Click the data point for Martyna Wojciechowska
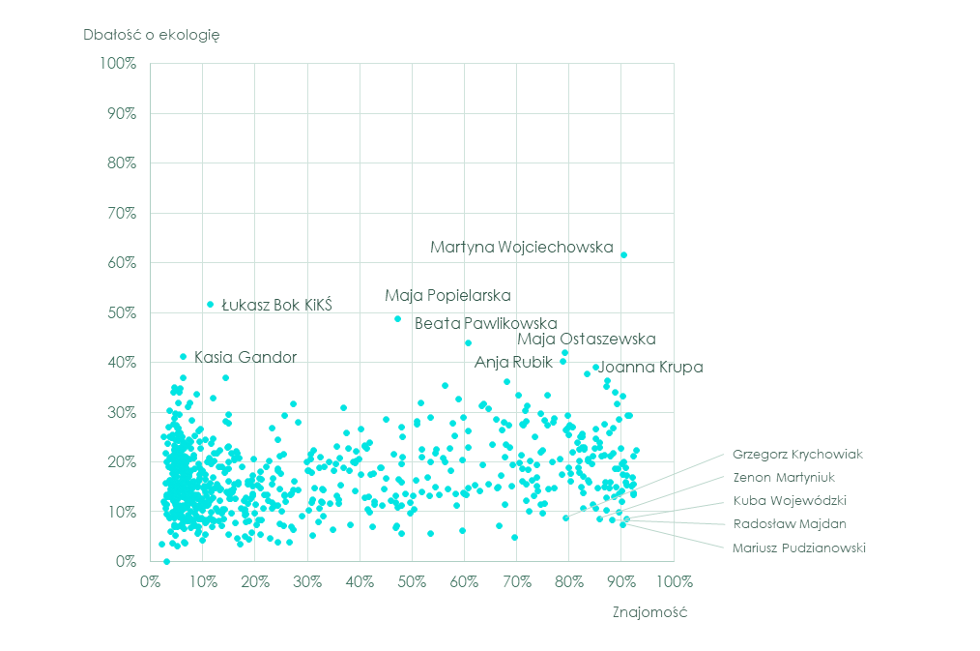tap(624, 255)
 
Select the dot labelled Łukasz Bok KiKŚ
tap(211, 305)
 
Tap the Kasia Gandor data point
tap(184, 357)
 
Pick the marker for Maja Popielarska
tap(397, 319)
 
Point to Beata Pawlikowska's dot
tap(469, 343)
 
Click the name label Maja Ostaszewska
tap(586, 340)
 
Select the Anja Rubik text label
tap(513, 363)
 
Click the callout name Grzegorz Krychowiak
tap(796, 454)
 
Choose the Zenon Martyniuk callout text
tap(783, 477)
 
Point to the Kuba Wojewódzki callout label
tap(790, 501)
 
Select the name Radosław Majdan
tap(790, 524)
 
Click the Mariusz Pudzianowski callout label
tap(799, 548)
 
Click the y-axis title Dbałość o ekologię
tap(153, 35)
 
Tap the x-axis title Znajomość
tap(649, 613)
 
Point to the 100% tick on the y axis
tap(118, 64)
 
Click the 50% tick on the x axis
tap(412, 582)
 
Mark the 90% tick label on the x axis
tap(620, 582)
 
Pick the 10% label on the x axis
tap(202, 582)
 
